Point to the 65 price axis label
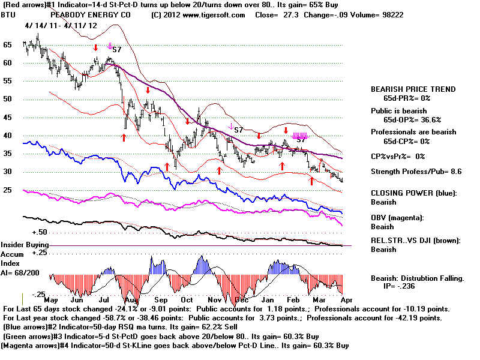tap(8, 45)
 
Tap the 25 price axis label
tap(8, 190)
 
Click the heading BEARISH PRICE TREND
tap(413, 89)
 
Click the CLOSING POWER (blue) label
tap(414, 193)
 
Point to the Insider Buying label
tap(25, 245)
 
